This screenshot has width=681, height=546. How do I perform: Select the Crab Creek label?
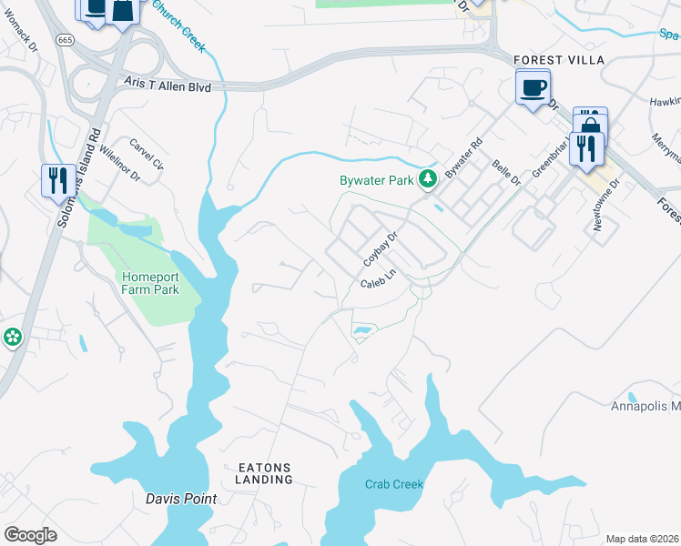(x=394, y=484)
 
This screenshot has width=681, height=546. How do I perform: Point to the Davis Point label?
(x=181, y=499)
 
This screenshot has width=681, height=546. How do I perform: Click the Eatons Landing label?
(x=265, y=472)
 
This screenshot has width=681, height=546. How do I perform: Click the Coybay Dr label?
(x=381, y=248)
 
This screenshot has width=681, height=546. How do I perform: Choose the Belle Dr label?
(x=505, y=173)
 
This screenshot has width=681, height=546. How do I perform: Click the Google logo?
(x=30, y=535)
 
